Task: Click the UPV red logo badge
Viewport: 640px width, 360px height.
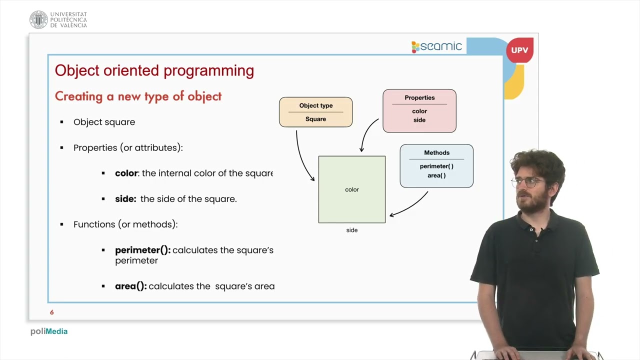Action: (x=519, y=50)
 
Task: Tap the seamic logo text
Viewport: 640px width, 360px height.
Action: (x=440, y=46)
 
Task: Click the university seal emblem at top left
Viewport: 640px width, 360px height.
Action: (x=38, y=19)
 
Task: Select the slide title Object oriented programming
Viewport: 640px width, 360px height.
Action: (x=154, y=70)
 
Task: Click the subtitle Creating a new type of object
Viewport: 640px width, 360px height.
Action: (x=138, y=96)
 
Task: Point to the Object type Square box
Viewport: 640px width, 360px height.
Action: (x=315, y=112)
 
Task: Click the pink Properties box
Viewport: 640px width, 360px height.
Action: (x=419, y=111)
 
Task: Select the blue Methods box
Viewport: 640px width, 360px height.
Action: (x=436, y=165)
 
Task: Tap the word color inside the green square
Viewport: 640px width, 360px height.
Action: (x=351, y=189)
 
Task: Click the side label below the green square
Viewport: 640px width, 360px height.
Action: (x=351, y=230)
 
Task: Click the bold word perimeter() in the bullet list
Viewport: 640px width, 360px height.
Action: (x=142, y=250)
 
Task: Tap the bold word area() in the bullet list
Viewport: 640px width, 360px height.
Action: (x=130, y=286)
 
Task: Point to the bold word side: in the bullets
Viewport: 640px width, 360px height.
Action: (x=125, y=199)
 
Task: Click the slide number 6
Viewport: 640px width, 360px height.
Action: (x=51, y=312)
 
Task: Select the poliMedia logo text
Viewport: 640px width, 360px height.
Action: (x=48, y=331)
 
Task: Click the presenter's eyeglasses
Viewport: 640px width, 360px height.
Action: (x=525, y=182)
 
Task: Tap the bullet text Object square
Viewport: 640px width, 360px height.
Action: (x=104, y=122)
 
